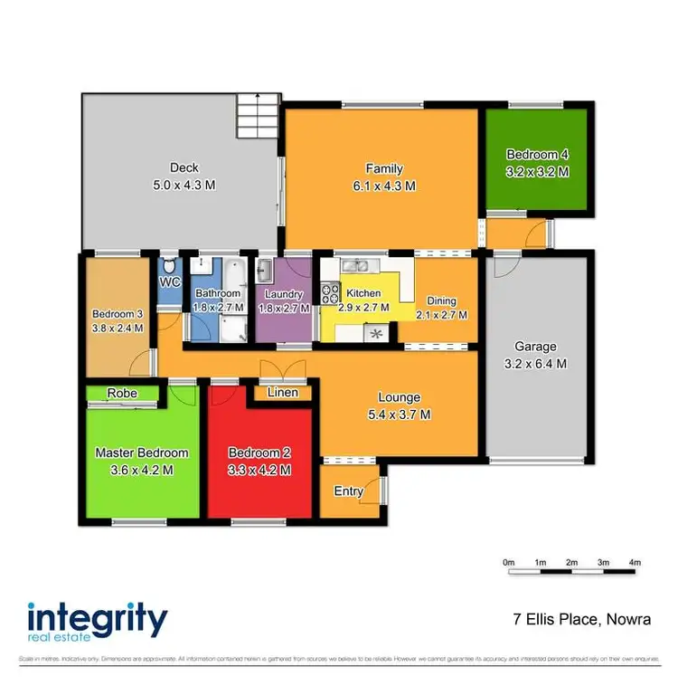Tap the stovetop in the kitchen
point(329,293)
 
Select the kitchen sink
point(355,265)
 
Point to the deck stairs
point(257,117)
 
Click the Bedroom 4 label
point(537,155)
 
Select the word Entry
point(348,491)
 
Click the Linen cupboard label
point(284,393)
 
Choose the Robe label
point(122,393)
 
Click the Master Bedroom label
point(142,453)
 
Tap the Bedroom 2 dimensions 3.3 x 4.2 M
point(259,470)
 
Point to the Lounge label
point(399,397)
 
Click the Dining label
point(442,301)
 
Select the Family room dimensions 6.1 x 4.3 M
point(384,186)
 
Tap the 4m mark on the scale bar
point(636,563)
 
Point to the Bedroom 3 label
point(118,314)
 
